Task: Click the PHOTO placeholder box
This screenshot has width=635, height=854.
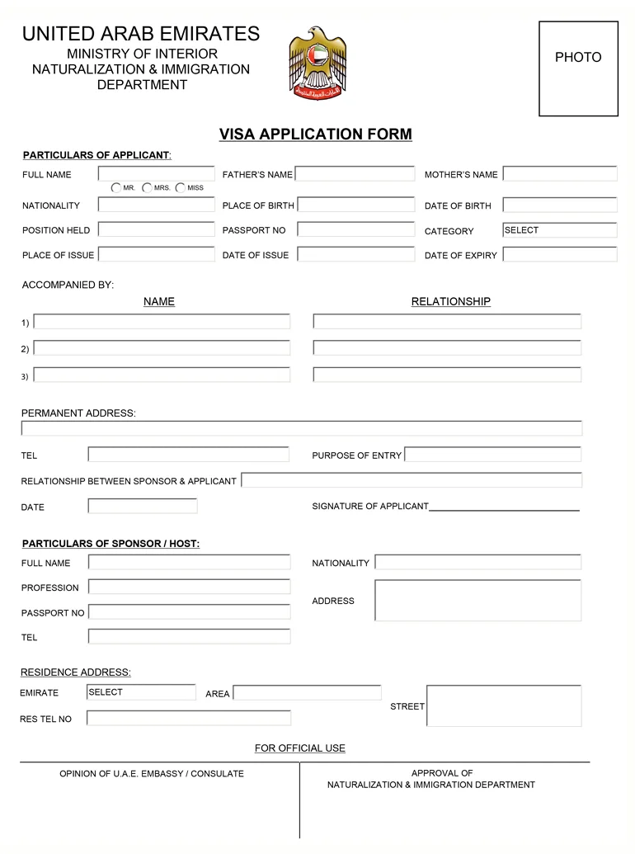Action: [578, 68]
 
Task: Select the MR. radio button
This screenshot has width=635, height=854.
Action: [116, 188]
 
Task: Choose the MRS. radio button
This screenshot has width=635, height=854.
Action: [147, 188]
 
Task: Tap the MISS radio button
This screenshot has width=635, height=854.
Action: [180, 188]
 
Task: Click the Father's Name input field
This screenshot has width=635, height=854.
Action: [355, 174]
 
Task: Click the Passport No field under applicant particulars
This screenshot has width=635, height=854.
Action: [355, 230]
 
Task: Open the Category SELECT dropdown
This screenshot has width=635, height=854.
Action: [559, 230]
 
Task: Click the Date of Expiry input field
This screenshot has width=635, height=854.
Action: [559, 255]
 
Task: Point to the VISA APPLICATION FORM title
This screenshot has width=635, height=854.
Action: [315, 134]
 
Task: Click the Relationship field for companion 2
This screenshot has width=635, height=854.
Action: [447, 348]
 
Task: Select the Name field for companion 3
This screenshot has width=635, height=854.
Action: [162, 375]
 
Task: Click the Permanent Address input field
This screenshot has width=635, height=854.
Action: [302, 428]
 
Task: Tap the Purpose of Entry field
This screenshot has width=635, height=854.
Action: [492, 455]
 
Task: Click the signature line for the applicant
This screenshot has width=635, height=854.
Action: [504, 507]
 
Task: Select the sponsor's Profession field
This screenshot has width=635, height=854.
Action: [189, 587]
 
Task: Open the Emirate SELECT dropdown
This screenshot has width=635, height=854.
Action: [141, 692]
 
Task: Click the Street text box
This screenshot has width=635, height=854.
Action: [503, 706]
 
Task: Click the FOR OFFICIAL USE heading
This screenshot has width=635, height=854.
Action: [300, 748]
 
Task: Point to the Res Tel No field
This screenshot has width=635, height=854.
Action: [189, 719]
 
